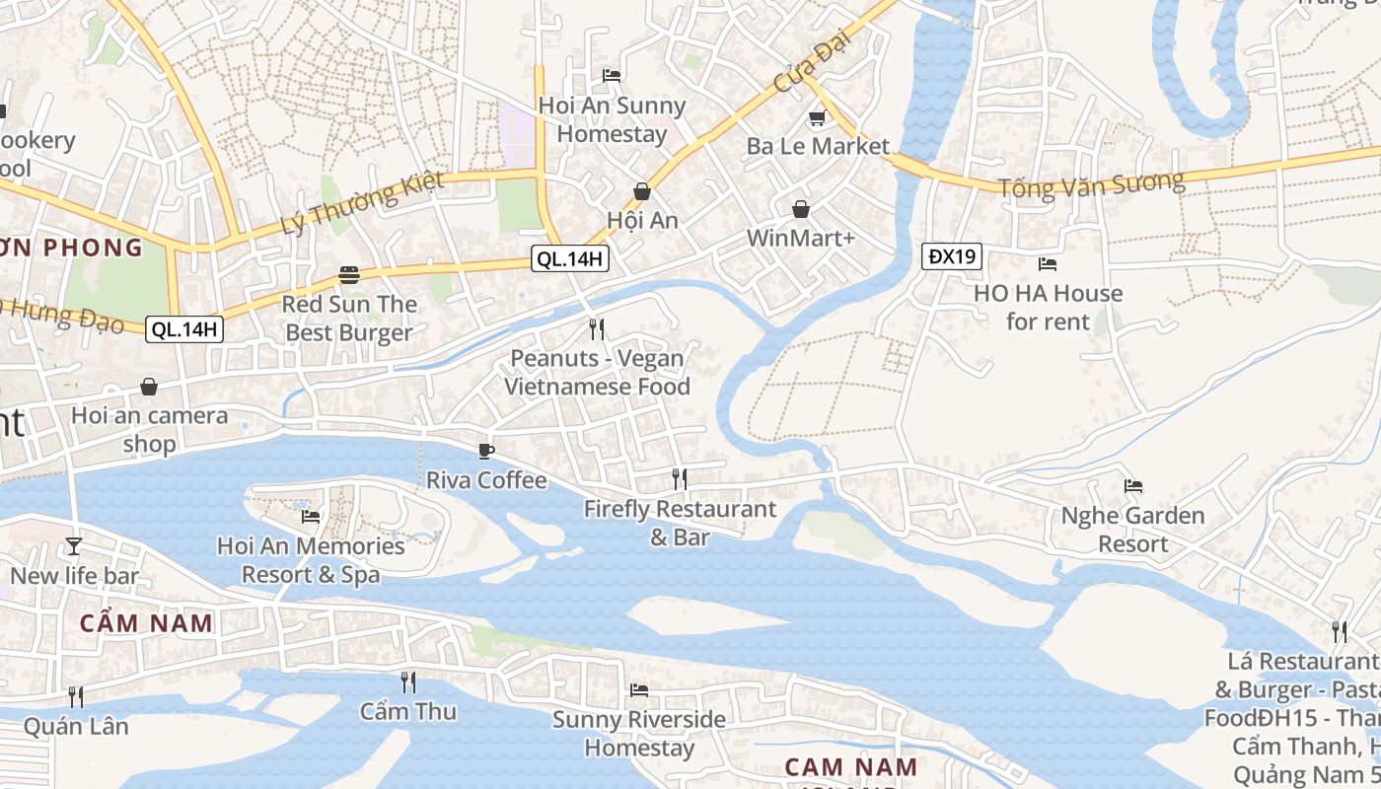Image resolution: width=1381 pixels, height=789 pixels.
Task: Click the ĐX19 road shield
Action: click(953, 256)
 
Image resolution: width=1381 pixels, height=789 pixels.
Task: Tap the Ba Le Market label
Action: click(818, 146)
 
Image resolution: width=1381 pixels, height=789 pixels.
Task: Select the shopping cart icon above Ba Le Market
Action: click(816, 119)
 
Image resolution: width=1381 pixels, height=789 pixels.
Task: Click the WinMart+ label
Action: click(800, 238)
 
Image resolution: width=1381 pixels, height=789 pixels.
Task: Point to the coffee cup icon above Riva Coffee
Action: click(485, 451)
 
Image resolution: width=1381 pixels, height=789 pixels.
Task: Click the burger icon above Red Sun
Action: click(348, 274)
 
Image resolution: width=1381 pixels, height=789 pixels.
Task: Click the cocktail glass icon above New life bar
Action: click(74, 545)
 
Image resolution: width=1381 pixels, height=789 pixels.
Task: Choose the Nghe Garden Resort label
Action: click(1132, 530)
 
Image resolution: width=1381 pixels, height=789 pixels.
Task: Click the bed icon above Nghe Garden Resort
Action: click(1133, 486)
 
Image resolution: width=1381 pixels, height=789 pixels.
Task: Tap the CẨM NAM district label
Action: click(146, 623)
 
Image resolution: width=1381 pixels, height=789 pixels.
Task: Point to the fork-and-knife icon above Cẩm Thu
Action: click(407, 681)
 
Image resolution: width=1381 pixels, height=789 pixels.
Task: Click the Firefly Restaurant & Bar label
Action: click(680, 523)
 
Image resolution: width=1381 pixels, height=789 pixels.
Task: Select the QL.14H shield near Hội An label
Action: click(569, 259)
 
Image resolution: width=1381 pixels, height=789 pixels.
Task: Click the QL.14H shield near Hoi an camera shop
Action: click(184, 329)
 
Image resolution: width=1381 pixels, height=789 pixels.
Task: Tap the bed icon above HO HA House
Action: click(1048, 264)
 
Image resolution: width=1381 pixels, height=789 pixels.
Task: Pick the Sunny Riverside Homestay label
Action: click(638, 734)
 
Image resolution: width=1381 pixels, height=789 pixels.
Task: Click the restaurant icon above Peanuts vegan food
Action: click(596, 328)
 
